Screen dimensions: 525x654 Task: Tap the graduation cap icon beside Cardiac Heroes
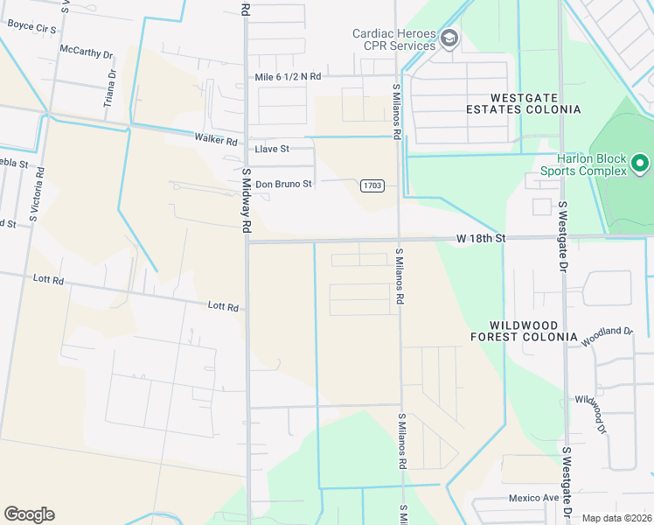(449, 38)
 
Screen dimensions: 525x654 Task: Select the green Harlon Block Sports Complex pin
(640, 164)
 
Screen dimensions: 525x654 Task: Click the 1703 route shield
(371, 185)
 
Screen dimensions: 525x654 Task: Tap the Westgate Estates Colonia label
(535, 103)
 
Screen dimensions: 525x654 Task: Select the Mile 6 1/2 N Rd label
(288, 77)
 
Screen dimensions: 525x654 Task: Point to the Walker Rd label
(216, 140)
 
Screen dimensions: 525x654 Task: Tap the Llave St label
(271, 149)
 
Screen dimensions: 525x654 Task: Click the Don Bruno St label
(283, 185)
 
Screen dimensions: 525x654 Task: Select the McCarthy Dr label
(87, 52)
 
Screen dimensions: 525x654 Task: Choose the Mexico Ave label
(533, 498)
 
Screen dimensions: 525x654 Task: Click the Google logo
(29, 514)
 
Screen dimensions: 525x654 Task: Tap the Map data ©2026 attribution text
(616, 518)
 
